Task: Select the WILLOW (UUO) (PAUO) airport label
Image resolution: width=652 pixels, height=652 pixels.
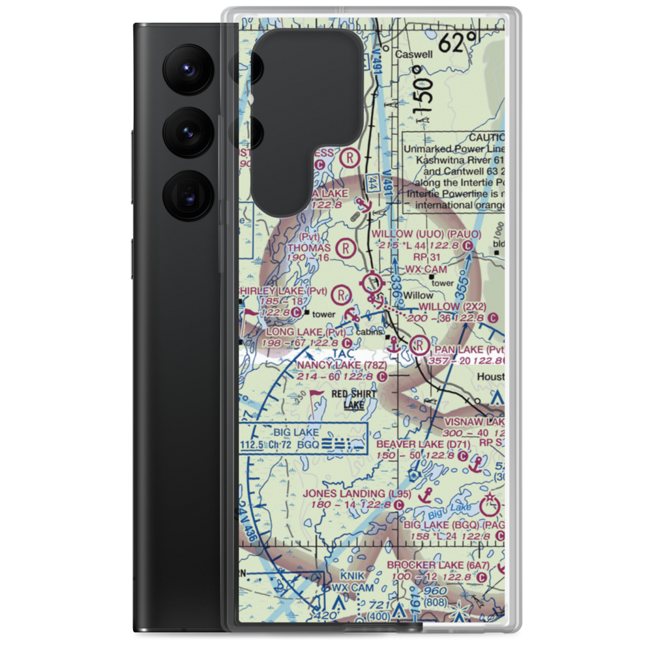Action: tap(426, 234)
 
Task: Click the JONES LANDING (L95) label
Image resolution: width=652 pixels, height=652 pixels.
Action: tap(357, 494)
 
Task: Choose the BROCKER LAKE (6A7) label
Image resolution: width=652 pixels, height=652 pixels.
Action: tap(437, 565)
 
